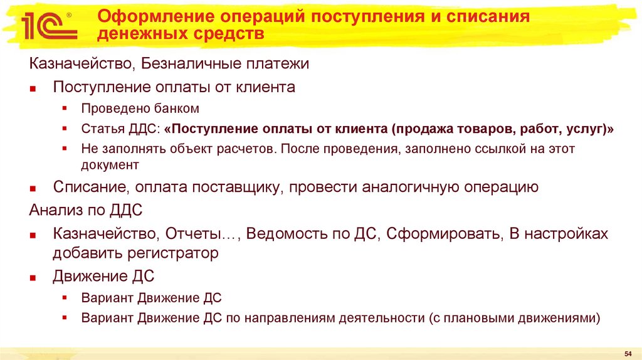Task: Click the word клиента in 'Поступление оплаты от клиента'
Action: (x=265, y=87)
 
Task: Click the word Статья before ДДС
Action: (x=101, y=129)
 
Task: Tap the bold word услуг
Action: (x=581, y=129)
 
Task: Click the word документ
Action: (x=109, y=165)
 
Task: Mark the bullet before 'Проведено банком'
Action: (x=65, y=109)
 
